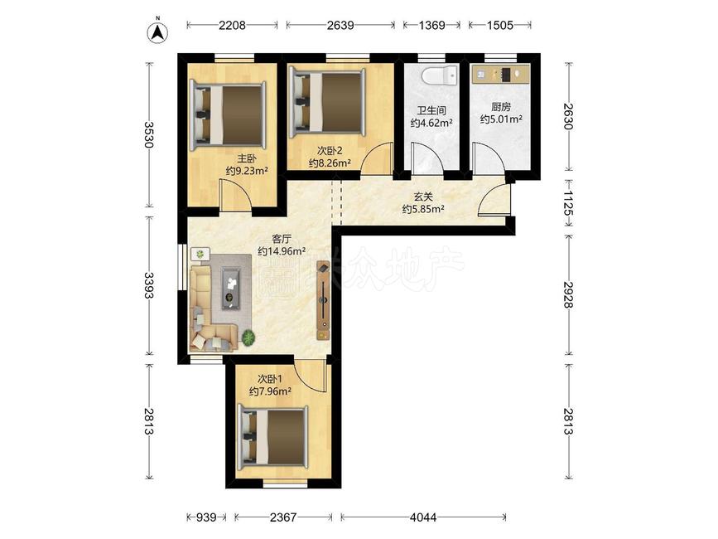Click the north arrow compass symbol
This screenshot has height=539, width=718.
157,32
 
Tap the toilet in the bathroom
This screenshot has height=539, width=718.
440,75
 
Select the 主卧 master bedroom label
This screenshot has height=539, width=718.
246,159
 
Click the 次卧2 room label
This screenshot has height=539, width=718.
330,150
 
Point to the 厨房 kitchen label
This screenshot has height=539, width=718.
501,107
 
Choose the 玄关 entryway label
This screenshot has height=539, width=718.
423,197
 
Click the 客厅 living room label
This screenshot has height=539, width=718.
282,239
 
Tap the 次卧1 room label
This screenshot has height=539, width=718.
270,379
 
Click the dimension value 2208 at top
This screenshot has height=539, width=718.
232,25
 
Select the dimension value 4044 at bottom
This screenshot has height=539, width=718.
423,517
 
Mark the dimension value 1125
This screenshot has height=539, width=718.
568,203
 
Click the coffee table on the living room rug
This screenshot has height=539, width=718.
233,288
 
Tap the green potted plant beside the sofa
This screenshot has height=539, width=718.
248,338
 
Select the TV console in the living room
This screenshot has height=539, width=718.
323,301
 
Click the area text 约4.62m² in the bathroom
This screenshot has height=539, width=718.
431,123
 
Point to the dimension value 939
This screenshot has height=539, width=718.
206,517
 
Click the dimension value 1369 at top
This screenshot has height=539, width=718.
431,25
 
